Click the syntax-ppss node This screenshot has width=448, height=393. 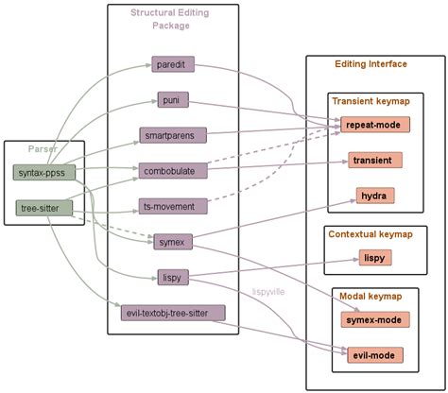pos(44,172)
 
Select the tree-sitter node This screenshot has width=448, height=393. pos(41,207)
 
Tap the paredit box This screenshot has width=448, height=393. pos(173,64)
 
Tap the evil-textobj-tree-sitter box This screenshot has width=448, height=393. pos(173,313)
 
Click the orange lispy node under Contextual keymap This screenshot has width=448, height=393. pos(373,257)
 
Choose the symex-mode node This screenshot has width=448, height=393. pos(373,319)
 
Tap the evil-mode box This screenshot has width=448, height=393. pos(373,355)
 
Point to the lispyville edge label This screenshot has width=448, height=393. pos(269,292)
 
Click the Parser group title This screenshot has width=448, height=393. pos(43,149)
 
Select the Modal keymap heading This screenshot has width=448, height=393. pos(366,297)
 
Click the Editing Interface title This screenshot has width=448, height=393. pos(371,64)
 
